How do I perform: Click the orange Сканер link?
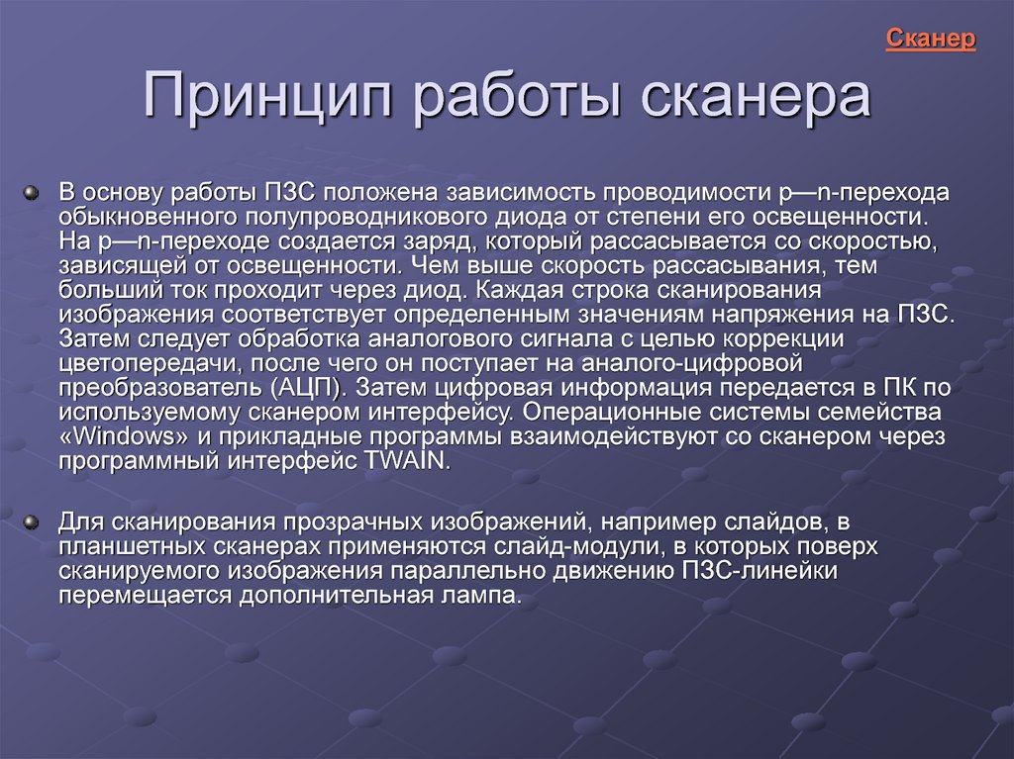[x=930, y=39]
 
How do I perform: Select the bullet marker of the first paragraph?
[x=31, y=193]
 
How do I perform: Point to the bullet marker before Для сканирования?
[x=31, y=522]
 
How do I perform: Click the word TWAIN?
[x=405, y=461]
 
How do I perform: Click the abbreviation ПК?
[x=900, y=387]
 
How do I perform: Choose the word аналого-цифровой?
[x=692, y=363]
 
